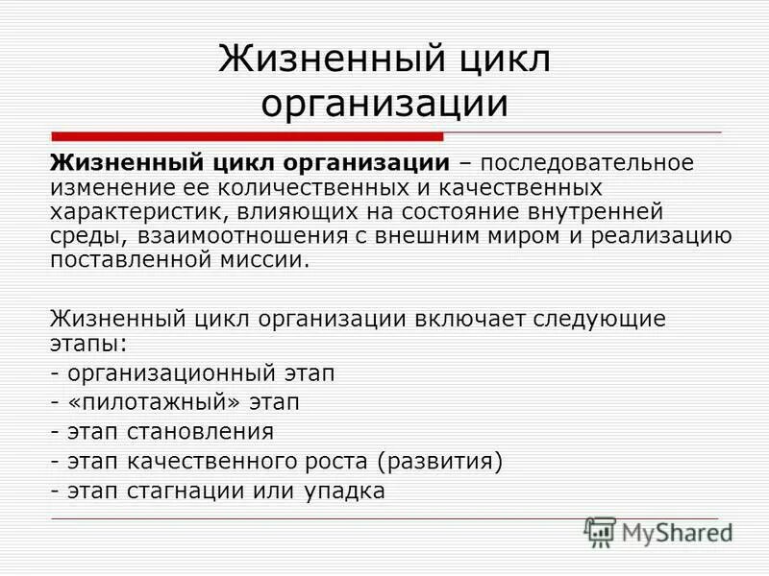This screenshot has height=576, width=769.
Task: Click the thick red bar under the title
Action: coord(246,136)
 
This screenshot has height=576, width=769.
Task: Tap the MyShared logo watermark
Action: coord(658,532)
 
